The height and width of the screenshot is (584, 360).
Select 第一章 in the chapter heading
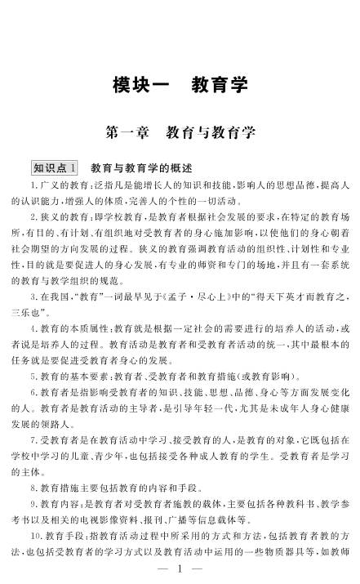pyautogui.click(x=127, y=131)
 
